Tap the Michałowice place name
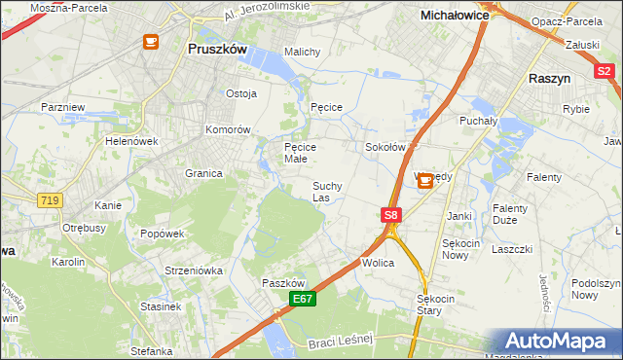click(x=454, y=16)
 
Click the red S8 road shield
click(x=390, y=214)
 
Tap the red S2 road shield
click(x=605, y=70)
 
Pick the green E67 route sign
click(x=302, y=299)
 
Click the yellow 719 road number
click(x=51, y=199)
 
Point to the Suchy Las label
click(x=327, y=191)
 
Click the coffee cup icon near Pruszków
click(x=151, y=42)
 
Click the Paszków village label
click(x=284, y=282)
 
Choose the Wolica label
click(x=378, y=263)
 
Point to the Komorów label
click(x=229, y=128)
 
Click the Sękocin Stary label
click(x=435, y=305)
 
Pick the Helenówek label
click(x=131, y=140)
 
